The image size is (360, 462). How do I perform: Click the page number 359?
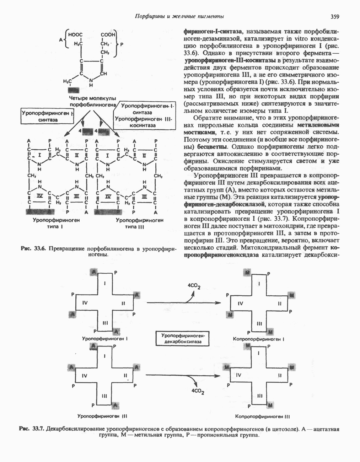click(x=335, y=16)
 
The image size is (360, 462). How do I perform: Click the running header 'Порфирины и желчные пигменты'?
click(x=180, y=16)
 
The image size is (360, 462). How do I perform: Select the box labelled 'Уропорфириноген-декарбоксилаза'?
click(x=182, y=338)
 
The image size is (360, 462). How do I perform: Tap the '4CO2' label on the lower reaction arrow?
click(x=198, y=391)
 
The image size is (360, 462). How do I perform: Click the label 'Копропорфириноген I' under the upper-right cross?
click(x=259, y=339)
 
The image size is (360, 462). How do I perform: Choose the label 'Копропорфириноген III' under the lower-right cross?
click(x=263, y=416)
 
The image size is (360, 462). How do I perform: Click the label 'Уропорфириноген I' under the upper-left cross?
click(x=105, y=339)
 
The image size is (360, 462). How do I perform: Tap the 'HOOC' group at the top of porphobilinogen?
click(x=75, y=35)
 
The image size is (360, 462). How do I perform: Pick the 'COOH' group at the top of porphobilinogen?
click(x=108, y=35)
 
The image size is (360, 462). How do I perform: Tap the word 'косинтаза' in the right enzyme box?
click(x=143, y=126)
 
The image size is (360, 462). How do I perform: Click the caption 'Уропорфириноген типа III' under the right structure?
click(x=139, y=223)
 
